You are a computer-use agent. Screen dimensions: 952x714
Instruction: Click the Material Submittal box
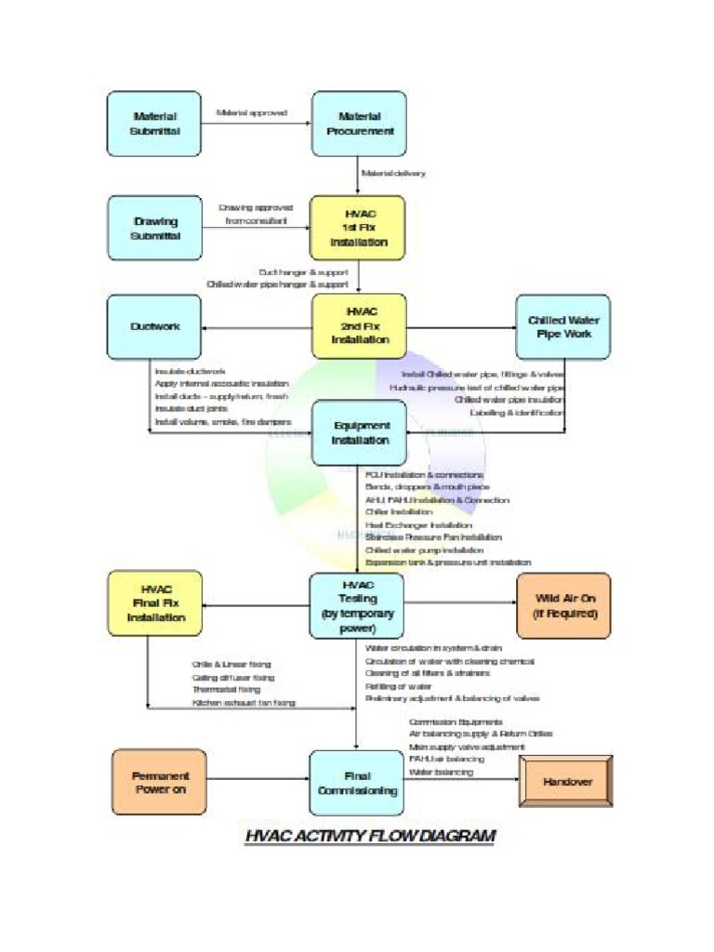(x=153, y=124)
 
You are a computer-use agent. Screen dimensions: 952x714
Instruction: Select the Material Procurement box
(x=359, y=124)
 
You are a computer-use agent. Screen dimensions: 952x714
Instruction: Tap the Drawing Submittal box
(x=153, y=228)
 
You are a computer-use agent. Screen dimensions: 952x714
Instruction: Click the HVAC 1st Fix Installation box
(x=359, y=228)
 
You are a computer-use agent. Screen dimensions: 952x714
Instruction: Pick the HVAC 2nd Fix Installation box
(x=360, y=326)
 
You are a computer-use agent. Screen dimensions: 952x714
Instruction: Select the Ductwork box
(x=153, y=326)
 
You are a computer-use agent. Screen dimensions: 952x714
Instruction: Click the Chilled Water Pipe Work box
(x=563, y=326)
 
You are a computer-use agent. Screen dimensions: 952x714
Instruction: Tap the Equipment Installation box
(x=359, y=432)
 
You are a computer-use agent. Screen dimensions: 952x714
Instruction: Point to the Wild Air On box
(x=563, y=605)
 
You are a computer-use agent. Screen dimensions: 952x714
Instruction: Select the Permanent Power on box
(x=159, y=782)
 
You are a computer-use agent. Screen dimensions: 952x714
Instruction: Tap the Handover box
(x=566, y=782)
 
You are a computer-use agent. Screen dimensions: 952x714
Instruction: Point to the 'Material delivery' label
(x=392, y=173)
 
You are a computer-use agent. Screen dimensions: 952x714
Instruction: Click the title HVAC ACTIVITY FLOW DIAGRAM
(x=370, y=836)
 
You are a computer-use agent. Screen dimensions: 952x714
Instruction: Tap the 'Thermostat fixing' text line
(x=226, y=690)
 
